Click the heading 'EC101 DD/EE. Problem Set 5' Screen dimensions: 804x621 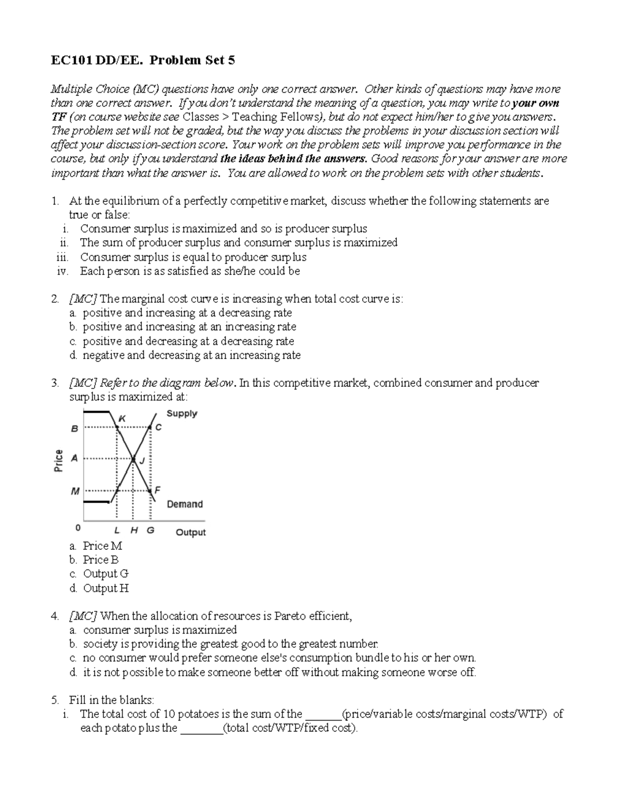(142, 61)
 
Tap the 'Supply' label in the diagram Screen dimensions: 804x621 (182, 414)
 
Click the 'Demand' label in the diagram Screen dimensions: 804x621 (184, 504)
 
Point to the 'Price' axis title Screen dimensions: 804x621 (58, 460)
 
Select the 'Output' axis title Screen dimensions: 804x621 (190, 532)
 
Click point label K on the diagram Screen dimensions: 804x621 (122, 418)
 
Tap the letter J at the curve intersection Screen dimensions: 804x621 (142, 462)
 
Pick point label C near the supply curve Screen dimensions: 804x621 (158, 428)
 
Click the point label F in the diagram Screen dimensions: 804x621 (158, 489)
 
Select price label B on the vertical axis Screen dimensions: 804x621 (75, 429)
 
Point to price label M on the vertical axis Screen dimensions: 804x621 (75, 491)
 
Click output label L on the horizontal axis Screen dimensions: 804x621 (117, 530)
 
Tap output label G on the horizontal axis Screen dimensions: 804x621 (151, 530)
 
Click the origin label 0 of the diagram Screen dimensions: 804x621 (78, 528)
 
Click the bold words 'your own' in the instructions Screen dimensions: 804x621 (535, 103)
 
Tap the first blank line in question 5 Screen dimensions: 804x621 (324, 714)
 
